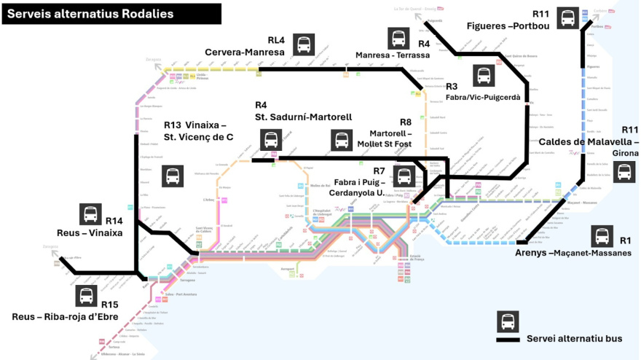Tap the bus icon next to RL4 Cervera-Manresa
pos(304,44)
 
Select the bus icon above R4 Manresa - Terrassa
pos(398,39)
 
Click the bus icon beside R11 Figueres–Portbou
pos(567,18)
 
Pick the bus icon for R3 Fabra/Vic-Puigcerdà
pos(483,76)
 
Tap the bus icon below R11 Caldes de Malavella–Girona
pos(624,172)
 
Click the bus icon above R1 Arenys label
pos(602,237)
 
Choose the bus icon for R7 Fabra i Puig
pos(404,176)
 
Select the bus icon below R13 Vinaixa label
pos(173,176)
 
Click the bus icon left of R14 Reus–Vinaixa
pos(90,214)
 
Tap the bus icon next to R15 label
pos(86,295)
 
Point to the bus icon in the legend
pos(507,321)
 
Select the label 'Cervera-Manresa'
pos(244,52)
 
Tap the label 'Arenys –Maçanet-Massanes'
pos(573,253)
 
